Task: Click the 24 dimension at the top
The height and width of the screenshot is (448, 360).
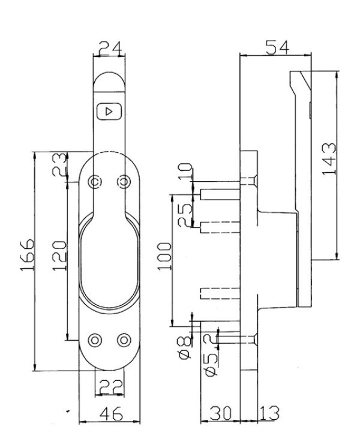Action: tap(110, 48)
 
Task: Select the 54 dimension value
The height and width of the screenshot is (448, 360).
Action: tap(277, 47)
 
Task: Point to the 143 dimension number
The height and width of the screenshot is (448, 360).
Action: tap(329, 159)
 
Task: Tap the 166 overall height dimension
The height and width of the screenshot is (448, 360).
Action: tap(28, 255)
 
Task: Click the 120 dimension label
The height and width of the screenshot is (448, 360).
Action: tap(59, 255)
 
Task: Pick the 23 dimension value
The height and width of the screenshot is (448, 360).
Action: tap(59, 164)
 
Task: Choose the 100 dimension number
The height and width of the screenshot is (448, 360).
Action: tap(164, 256)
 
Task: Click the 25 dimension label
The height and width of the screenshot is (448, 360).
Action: tap(185, 215)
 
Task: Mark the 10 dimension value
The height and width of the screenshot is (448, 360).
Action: tap(185, 171)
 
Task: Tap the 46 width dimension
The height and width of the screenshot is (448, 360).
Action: tap(112, 413)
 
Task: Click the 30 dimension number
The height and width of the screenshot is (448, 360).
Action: tap(220, 413)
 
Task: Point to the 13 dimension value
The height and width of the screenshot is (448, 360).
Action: tap(269, 413)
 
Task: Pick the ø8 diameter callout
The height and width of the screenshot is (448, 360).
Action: tap(184, 347)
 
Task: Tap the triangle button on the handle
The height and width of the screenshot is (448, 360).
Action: tap(110, 111)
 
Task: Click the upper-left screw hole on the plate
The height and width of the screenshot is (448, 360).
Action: tap(95, 182)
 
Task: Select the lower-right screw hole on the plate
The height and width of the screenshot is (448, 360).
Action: tap(124, 340)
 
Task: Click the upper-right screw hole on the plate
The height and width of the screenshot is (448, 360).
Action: tap(124, 182)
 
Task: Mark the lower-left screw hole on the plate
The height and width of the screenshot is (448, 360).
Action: tap(95, 340)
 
